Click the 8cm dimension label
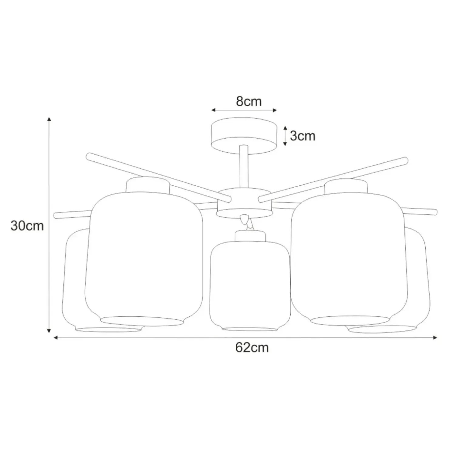click(x=249, y=101)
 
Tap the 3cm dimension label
click(x=302, y=136)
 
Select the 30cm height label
click(x=27, y=226)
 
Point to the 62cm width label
click(x=252, y=348)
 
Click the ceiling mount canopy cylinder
click(x=244, y=136)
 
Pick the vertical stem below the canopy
click(x=244, y=167)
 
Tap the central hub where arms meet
click(x=244, y=203)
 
